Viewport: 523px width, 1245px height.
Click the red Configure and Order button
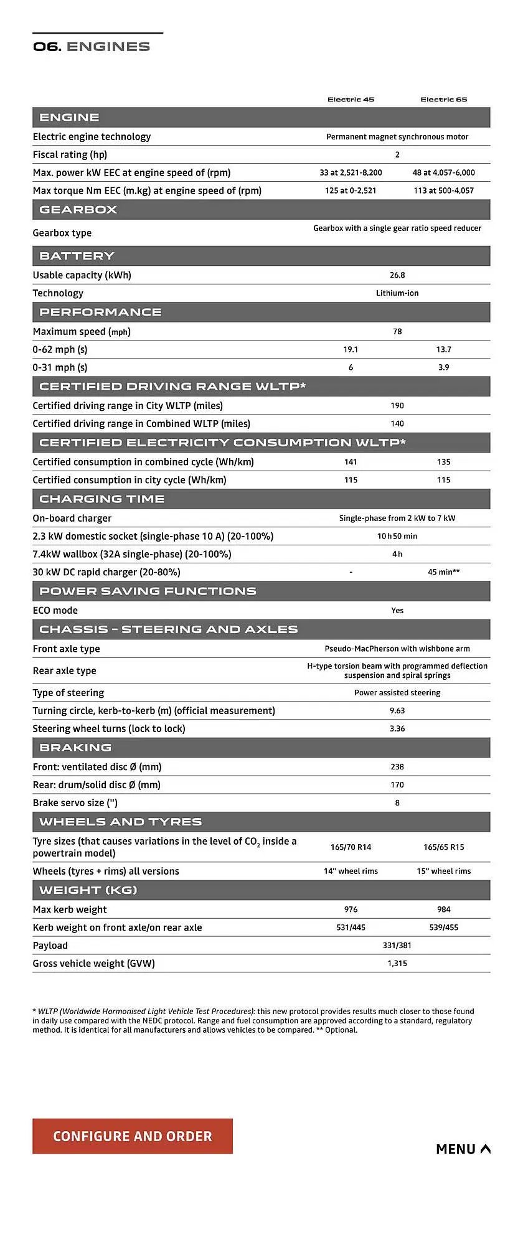[x=132, y=1136]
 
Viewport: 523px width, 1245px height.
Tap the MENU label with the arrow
[x=463, y=1149]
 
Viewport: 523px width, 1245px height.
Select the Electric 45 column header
[x=351, y=100]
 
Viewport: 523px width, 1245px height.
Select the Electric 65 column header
[x=443, y=100]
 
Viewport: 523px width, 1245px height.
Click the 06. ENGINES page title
[x=92, y=47]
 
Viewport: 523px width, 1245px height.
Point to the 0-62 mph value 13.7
[x=443, y=350]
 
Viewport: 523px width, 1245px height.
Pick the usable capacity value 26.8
[x=397, y=275]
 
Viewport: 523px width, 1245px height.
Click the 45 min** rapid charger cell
[x=443, y=572]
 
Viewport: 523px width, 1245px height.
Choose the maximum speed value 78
[x=397, y=332]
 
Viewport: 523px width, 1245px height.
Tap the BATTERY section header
[x=77, y=256]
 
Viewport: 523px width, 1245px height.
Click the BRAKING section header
[x=75, y=748]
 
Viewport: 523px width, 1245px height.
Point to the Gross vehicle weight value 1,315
[x=397, y=964]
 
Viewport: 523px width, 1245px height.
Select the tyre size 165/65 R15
[x=443, y=847]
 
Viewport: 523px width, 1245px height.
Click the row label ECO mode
[x=55, y=611]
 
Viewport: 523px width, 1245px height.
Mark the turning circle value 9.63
[x=397, y=711]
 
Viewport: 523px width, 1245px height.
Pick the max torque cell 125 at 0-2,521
[x=351, y=191]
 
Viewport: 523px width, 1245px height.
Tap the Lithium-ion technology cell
[x=397, y=293]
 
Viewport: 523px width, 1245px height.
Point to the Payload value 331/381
[x=397, y=946]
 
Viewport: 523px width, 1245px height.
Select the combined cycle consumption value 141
[x=351, y=462]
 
